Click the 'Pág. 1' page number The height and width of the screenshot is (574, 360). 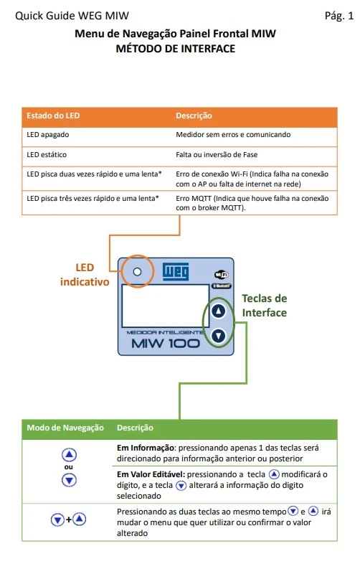[x=338, y=16]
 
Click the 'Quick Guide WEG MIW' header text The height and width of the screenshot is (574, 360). [x=72, y=16]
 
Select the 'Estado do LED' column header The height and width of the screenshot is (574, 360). [x=53, y=116]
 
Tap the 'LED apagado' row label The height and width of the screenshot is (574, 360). [x=48, y=135]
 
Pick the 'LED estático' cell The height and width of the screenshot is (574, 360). [x=47, y=154]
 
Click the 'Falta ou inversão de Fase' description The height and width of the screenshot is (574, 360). [x=217, y=154]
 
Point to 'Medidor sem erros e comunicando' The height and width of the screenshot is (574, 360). [x=233, y=135]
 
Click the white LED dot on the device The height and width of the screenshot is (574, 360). [x=137, y=272]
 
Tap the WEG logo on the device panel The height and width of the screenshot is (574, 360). [x=176, y=272]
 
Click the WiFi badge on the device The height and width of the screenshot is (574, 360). [x=222, y=275]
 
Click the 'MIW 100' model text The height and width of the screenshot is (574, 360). [x=166, y=344]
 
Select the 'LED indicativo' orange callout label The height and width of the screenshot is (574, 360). [x=85, y=275]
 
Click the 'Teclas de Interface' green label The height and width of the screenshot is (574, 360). [x=265, y=306]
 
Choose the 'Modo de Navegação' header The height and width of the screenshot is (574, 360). [x=65, y=428]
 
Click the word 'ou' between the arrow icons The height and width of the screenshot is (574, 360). [x=68, y=467]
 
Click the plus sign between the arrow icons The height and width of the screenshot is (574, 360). [x=68, y=519]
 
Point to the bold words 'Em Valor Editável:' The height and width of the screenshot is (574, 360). [x=151, y=474]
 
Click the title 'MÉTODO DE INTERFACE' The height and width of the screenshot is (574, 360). [x=176, y=49]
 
